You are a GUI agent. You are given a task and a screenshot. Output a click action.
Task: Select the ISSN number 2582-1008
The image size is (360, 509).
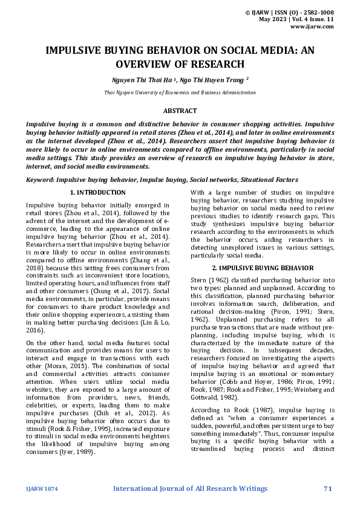point(316,12)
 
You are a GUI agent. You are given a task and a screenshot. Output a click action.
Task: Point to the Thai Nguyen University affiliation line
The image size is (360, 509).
point(180,92)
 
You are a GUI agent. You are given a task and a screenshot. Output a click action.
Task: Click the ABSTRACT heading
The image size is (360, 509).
point(180,111)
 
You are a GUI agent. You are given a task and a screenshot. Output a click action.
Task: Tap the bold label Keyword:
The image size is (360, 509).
point(41,180)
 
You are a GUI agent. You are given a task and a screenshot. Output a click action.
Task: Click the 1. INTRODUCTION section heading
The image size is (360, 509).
point(97,192)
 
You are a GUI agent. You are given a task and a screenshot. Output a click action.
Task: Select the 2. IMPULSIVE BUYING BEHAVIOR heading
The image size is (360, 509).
point(262,267)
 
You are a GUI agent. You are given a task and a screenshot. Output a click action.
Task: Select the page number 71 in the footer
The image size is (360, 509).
point(329,488)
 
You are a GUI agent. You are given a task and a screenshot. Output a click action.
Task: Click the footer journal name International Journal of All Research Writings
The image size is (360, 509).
point(189,488)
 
